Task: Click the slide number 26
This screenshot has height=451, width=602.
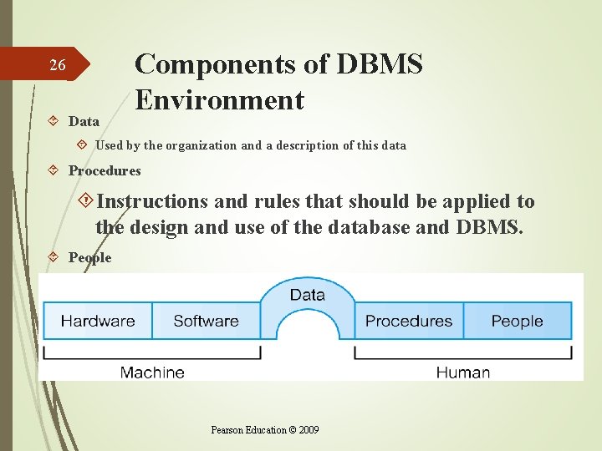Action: pos(57,65)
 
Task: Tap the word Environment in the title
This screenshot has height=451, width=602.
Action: pos(219,100)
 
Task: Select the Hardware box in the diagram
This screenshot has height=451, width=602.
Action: pos(98,321)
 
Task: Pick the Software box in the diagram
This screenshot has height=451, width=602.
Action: pos(206,321)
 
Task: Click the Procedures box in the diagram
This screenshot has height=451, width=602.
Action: pos(409,321)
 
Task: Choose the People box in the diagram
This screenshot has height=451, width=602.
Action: pos(517,321)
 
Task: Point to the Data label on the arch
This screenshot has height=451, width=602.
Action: pos(307,295)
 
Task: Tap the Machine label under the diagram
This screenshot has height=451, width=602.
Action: pos(152,372)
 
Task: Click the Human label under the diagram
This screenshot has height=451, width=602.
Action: pos(462,372)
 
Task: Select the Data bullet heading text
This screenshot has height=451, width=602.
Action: pos(84,122)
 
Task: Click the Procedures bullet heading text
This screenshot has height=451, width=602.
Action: pos(105,171)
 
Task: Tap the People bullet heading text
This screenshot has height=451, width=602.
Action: pos(89,258)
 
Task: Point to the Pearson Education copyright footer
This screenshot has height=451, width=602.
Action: pos(264,430)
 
